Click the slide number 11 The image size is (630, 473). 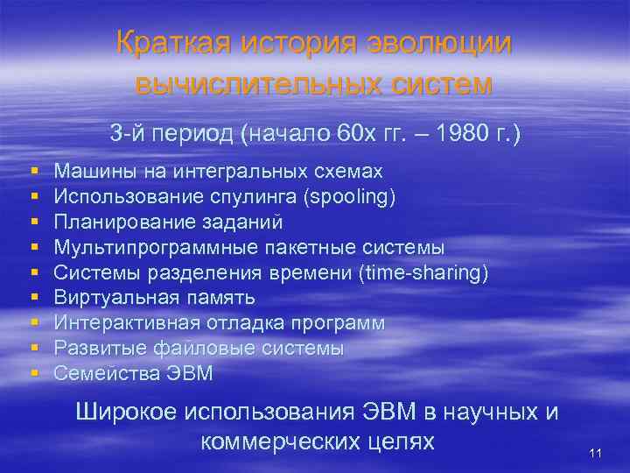tap(596, 452)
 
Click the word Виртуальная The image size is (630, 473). tap(107, 298)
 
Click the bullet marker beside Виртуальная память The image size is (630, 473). tap(33, 298)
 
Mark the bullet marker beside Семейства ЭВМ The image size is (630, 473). tap(33, 373)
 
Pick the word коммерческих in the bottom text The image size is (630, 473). tap(271, 441)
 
